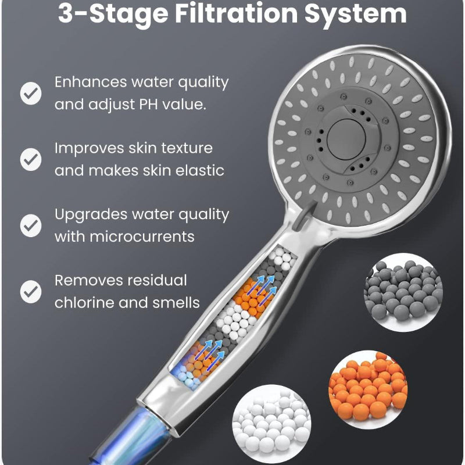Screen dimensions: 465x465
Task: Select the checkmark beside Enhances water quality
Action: coord(31,93)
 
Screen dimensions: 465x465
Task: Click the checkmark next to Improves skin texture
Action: coord(31,159)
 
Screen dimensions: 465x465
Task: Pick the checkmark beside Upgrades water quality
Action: coord(31,225)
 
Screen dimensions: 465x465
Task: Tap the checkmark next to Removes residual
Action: coord(31,291)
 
